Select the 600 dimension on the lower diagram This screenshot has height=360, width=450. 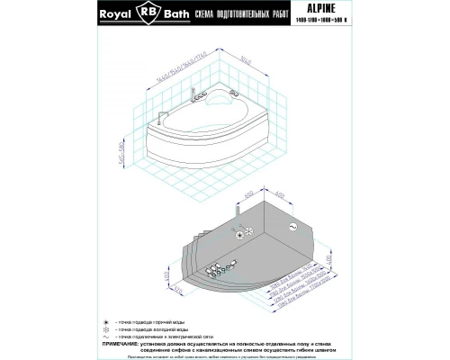(249, 195)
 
